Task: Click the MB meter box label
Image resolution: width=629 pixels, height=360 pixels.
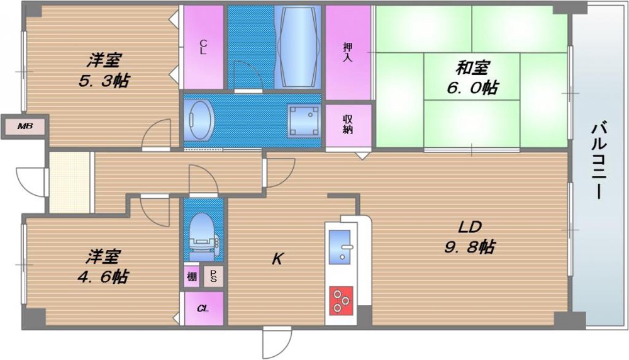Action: pos(25,127)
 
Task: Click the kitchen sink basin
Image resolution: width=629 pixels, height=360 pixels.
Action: pos(340,247)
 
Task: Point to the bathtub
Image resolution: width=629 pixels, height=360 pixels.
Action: pos(298,47)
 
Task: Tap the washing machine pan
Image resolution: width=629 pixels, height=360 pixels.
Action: pos(304,120)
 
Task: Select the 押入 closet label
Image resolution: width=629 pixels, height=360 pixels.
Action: pos(347,52)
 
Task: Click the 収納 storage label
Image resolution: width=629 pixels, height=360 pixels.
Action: pos(347,125)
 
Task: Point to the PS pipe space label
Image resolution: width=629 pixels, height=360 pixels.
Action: pos(213,276)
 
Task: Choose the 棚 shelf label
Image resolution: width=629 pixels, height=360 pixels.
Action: pos(192,276)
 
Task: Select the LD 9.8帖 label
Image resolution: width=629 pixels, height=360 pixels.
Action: pos(469,237)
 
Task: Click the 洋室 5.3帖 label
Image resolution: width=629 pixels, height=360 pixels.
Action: pos(104,70)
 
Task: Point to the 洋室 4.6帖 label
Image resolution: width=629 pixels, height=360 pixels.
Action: pos(103,266)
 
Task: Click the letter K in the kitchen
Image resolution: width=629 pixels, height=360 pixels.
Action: pos(277,259)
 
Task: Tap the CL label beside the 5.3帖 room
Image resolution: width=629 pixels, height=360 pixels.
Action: pos(203,47)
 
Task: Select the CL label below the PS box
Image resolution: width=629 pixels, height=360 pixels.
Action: pos(203,308)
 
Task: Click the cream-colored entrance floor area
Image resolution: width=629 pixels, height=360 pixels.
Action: pos(69,183)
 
